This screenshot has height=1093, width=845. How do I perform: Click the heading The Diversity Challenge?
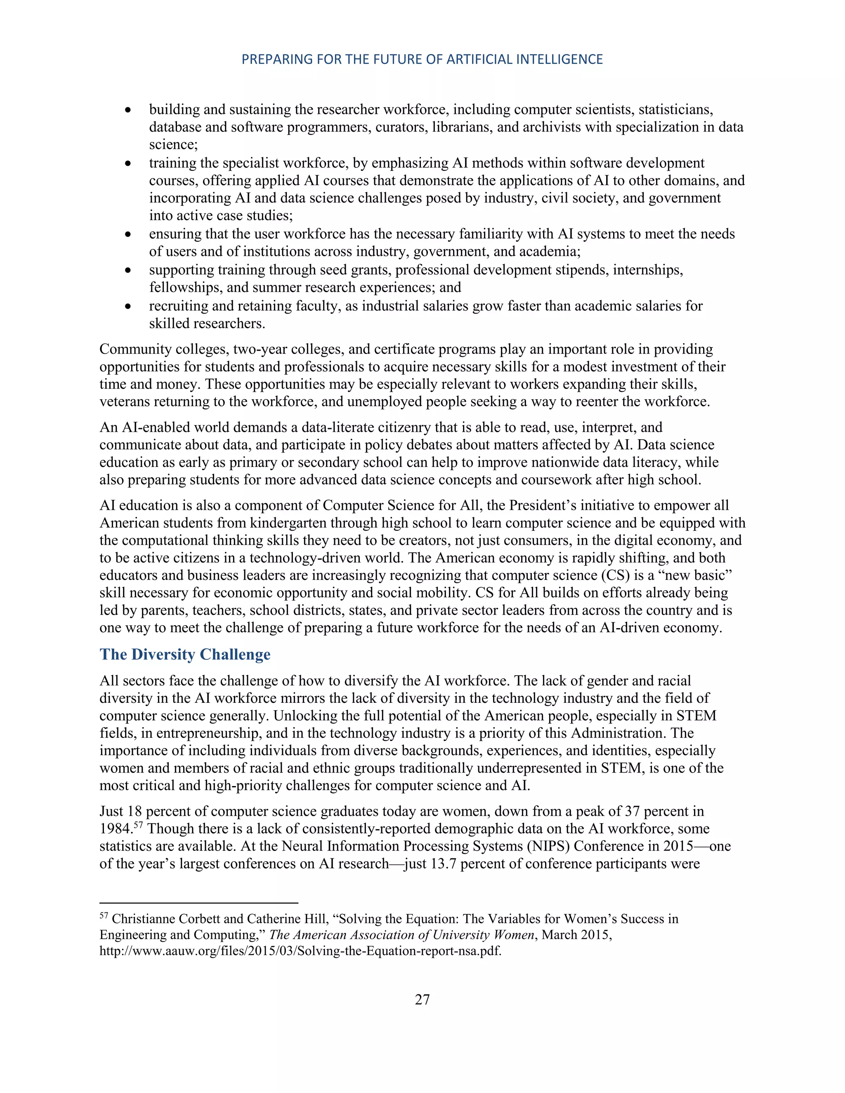[185, 655]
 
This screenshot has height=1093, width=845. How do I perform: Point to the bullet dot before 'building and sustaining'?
[128, 110]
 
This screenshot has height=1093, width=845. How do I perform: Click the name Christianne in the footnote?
[139, 919]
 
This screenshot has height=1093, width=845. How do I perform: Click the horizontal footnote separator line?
[199, 903]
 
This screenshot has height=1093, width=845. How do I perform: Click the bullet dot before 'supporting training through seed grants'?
[128, 270]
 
